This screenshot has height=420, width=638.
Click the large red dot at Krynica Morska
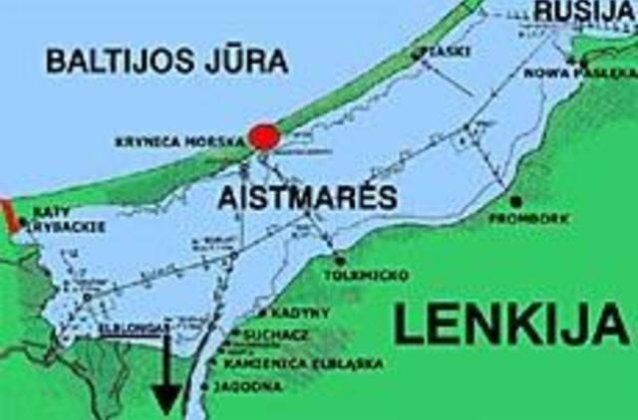[263, 137]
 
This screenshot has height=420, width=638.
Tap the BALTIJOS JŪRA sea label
[166, 61]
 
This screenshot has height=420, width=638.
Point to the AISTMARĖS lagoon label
[307, 196]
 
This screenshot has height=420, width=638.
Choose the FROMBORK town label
[519, 217]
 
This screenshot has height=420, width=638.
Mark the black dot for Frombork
[514, 200]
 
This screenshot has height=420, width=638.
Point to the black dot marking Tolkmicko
[341, 260]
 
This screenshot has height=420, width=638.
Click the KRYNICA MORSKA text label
[178, 142]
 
